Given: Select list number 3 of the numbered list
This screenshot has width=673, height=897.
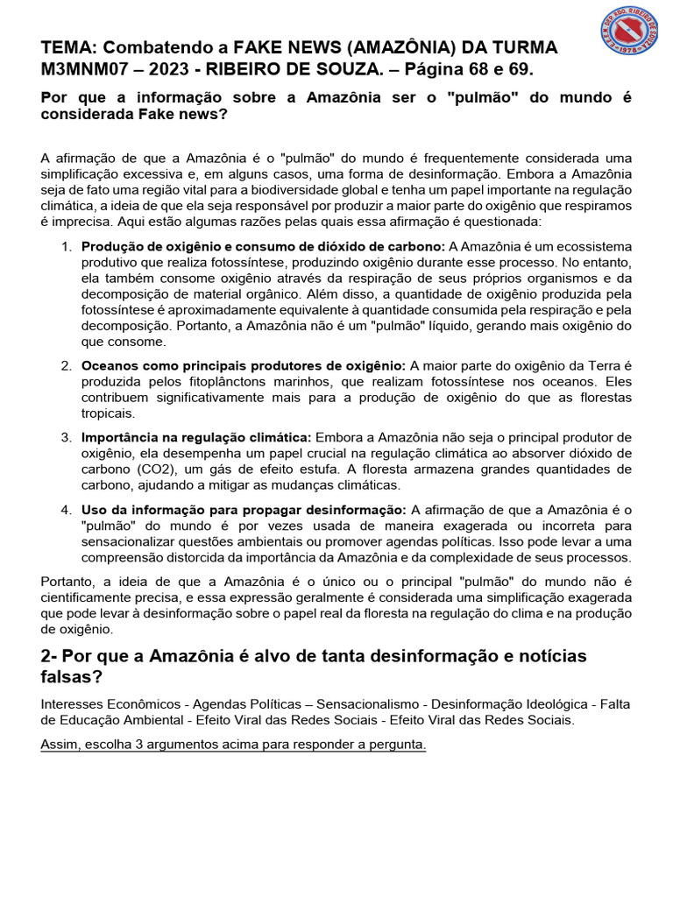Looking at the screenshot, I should (x=67, y=436).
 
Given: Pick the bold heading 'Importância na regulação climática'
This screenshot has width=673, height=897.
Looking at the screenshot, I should (x=196, y=436).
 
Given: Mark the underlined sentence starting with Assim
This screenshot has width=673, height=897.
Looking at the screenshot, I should (x=233, y=745).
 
